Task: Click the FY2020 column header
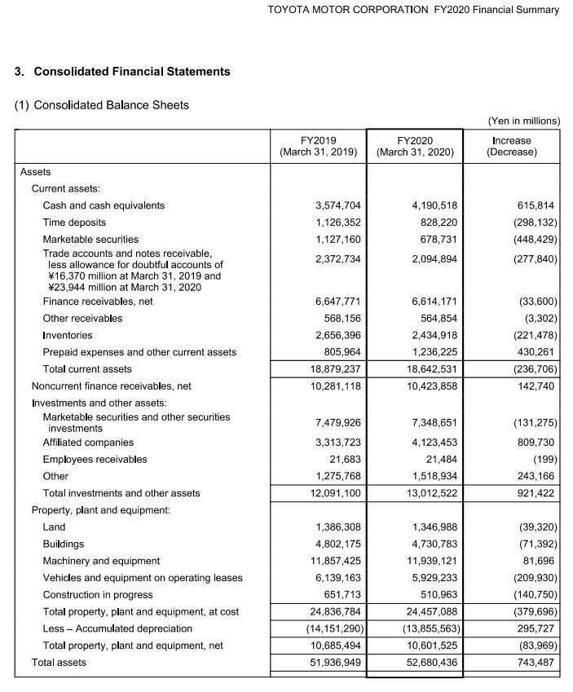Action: [x=414, y=146]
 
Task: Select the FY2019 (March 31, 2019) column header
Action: [x=318, y=146]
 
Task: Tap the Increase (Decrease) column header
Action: [x=511, y=146]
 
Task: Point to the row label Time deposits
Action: [x=74, y=223]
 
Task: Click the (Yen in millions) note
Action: [x=523, y=121]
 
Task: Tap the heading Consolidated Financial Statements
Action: [x=131, y=72]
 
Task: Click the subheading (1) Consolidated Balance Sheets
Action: [x=102, y=105]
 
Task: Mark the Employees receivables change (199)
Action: [x=544, y=459]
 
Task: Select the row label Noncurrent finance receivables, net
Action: [x=111, y=386]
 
